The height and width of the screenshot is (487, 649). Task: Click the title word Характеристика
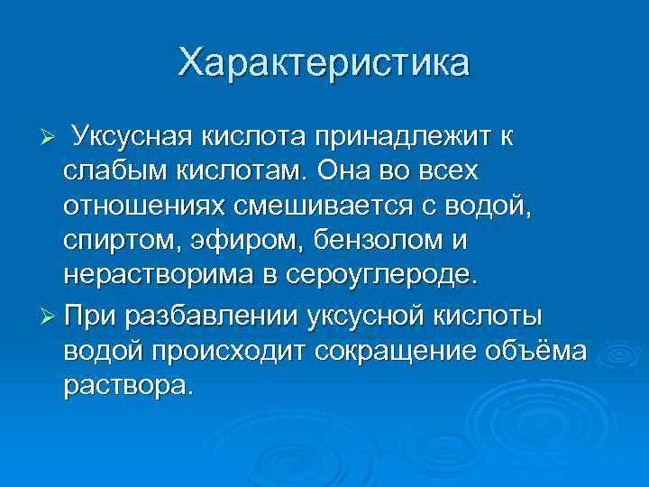pyautogui.click(x=324, y=63)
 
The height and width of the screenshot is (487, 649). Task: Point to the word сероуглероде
pyautogui.click(x=379, y=274)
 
